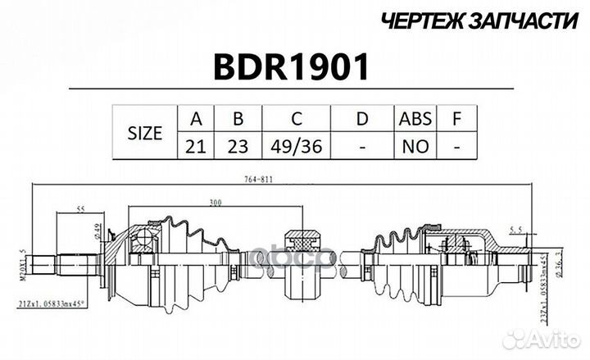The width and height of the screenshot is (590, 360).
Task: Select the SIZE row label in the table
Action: point(144,133)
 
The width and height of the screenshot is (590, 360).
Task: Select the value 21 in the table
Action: point(196,147)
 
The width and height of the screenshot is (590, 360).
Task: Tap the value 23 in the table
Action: point(238,147)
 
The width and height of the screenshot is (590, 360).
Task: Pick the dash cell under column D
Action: point(362,147)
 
